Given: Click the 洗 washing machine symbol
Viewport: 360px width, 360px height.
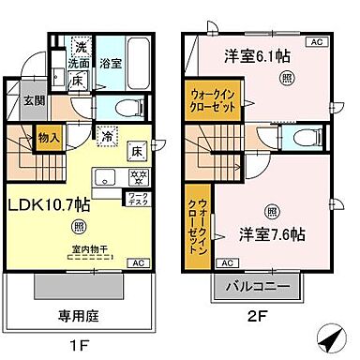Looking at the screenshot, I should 82,45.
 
